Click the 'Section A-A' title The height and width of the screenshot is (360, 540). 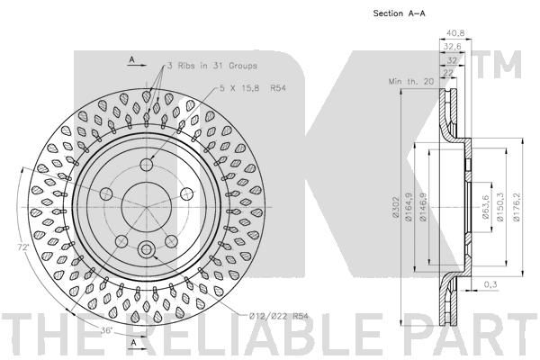click(x=400, y=13)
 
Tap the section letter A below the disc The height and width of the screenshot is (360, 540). click(x=132, y=344)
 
